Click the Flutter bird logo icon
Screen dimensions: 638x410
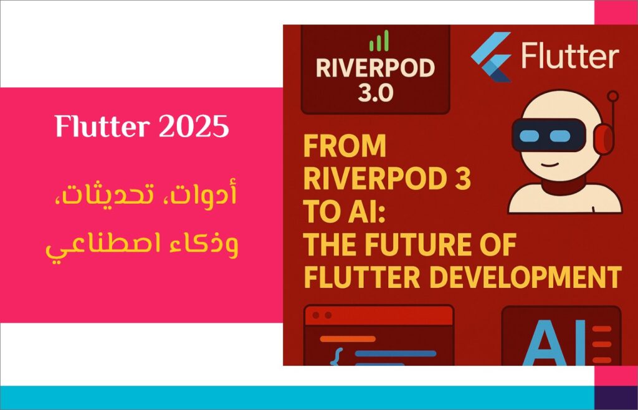pyautogui.click(x=491, y=57)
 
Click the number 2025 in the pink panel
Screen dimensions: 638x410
pyautogui.click(x=194, y=126)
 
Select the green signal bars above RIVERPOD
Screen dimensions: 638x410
pyautogui.click(x=379, y=41)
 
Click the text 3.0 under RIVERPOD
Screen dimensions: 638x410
pyautogui.click(x=376, y=93)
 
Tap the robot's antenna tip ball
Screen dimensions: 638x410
pyautogui.click(x=613, y=97)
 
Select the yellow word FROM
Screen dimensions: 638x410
pyautogui.click(x=345, y=146)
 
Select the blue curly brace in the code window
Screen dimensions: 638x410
pyautogui.click(x=336, y=356)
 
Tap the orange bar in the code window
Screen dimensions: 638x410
pyautogui.click(x=348, y=339)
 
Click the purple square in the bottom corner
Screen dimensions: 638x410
pyautogui.click(x=616, y=398)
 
